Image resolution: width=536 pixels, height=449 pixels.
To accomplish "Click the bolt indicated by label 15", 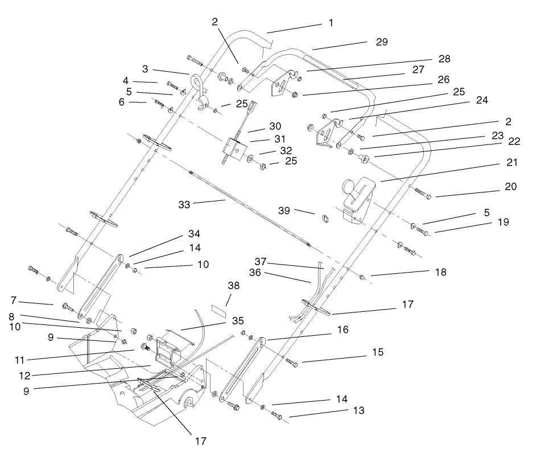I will [x=290, y=362].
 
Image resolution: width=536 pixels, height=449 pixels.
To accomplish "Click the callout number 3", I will [x=145, y=69].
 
